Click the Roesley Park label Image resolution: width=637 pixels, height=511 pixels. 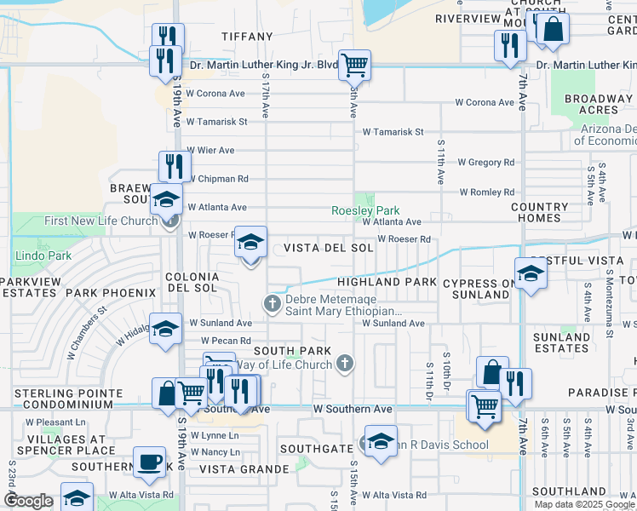tap(365, 210)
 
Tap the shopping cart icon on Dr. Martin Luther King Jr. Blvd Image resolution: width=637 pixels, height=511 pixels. tap(354, 65)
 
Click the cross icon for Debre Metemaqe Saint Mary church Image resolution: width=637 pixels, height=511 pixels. tap(273, 303)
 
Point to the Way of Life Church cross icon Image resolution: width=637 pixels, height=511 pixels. tap(345, 365)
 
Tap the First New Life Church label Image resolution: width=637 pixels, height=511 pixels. tap(100, 221)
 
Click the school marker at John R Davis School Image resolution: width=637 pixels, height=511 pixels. tap(381, 441)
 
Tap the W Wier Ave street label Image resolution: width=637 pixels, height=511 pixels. tap(210, 151)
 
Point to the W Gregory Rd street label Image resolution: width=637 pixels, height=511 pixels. tap(485, 162)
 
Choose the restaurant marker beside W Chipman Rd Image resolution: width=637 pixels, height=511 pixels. tap(170, 165)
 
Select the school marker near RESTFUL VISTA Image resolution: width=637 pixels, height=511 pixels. tap(531, 273)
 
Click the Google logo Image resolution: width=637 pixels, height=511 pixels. tap(29, 501)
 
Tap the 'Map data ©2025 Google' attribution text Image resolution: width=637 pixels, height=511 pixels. tap(584, 504)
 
